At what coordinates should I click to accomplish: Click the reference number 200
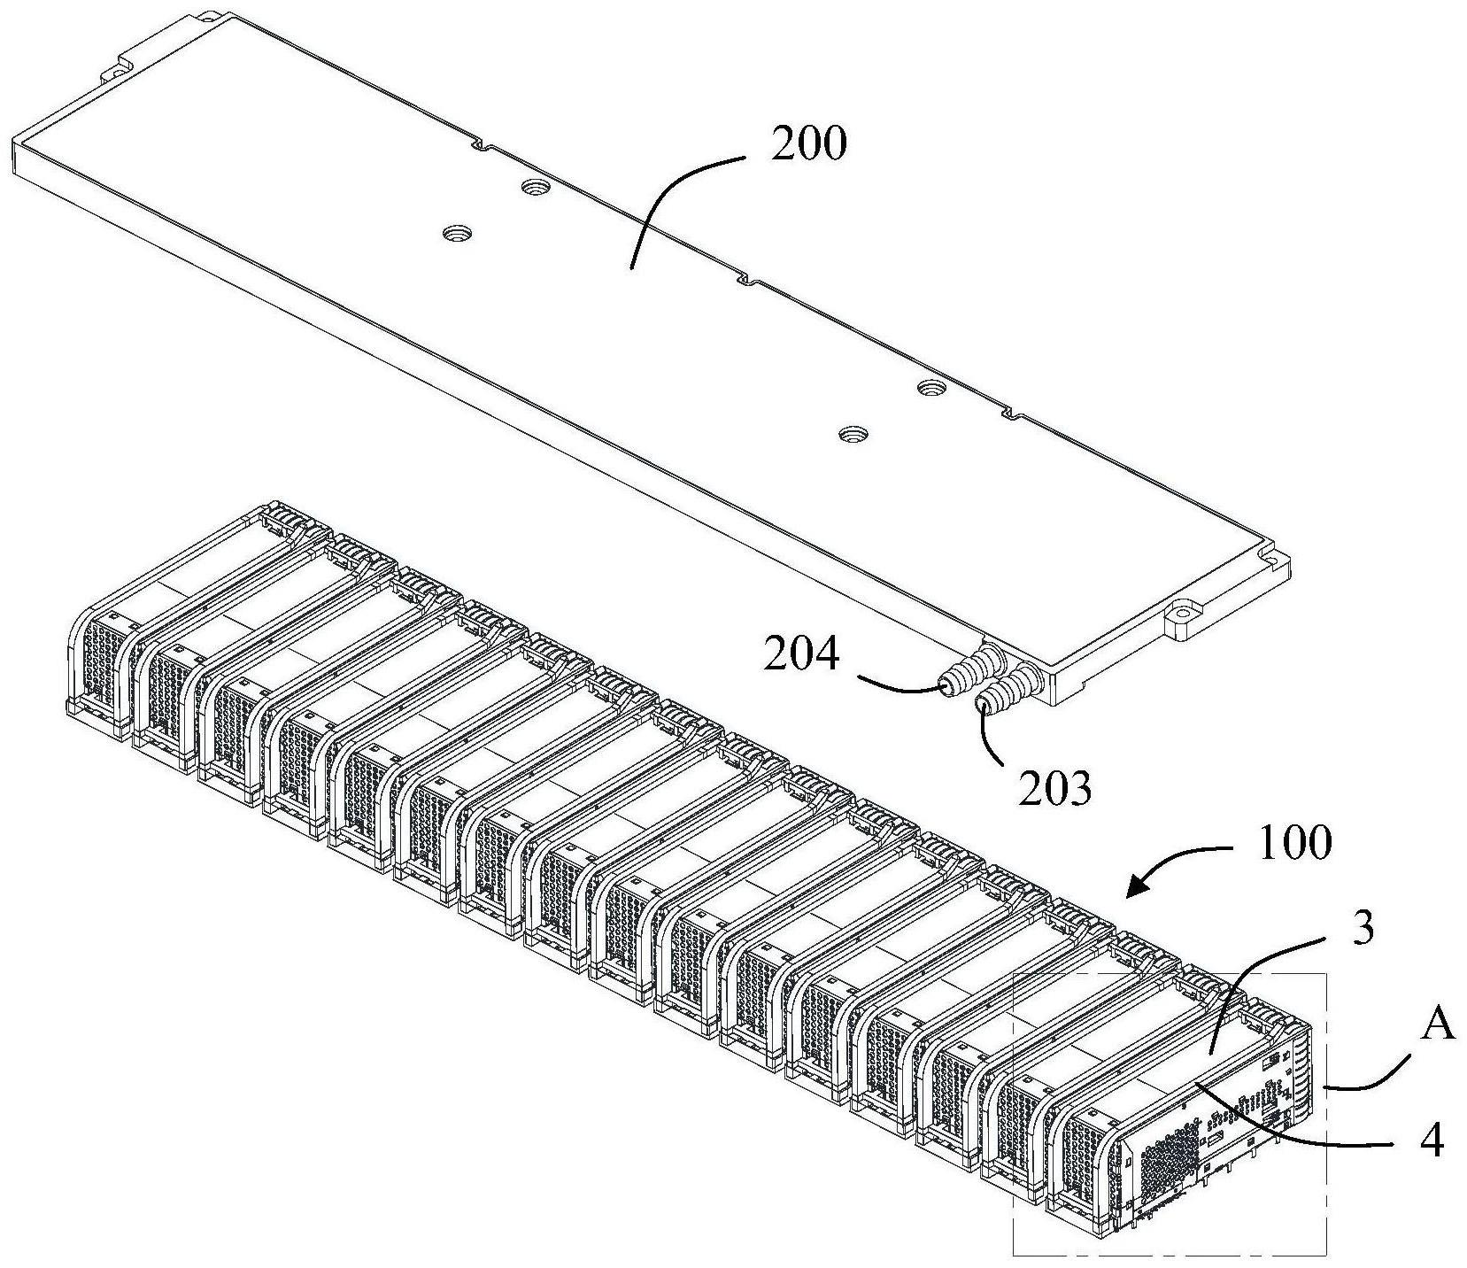click(807, 144)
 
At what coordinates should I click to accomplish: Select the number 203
click(1054, 787)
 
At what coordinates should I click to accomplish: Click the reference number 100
click(1294, 843)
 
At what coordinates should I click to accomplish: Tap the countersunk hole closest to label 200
click(535, 187)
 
